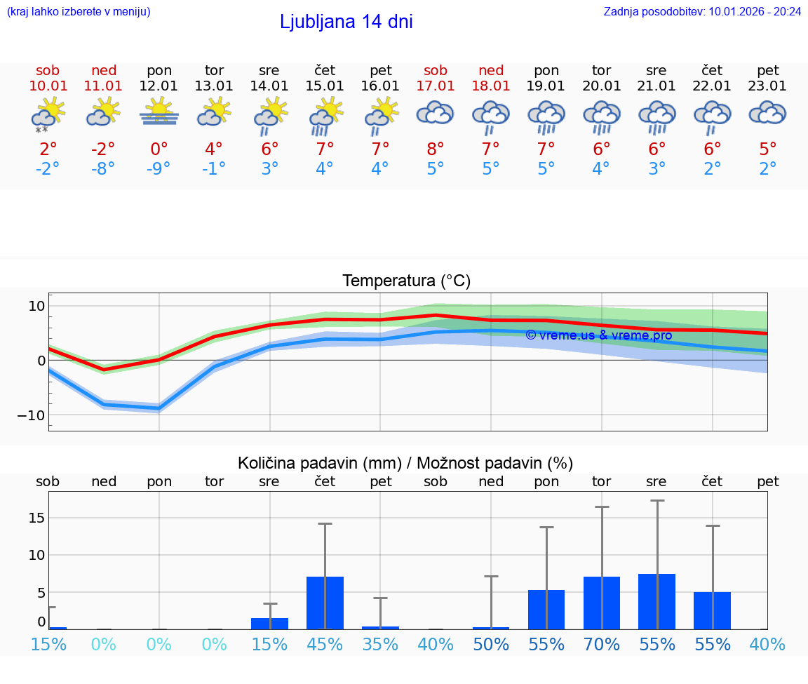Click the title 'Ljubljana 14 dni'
[346, 22]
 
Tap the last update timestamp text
[702, 11]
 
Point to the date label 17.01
[436, 86]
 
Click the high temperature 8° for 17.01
[436, 149]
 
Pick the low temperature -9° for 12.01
[159, 169]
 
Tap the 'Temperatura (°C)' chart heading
[406, 281]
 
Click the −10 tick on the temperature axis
[32, 415]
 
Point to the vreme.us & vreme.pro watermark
[598, 335]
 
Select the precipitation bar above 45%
[325, 603]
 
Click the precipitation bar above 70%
[602, 603]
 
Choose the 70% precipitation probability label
[602, 644]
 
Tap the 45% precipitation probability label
[325, 644]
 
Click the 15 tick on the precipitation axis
[36, 518]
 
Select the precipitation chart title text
[405, 463]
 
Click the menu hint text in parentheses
[79, 11]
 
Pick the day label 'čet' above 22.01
[713, 70]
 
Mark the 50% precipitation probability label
[491, 644]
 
